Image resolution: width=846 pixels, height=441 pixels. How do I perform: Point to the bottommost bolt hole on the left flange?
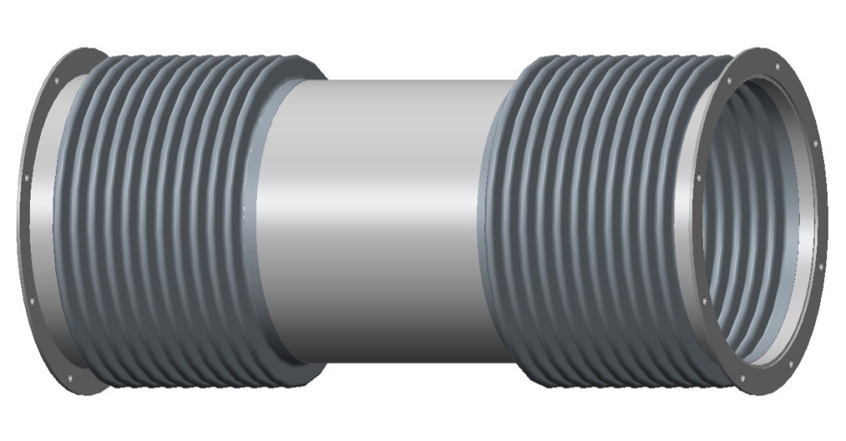tap(70, 380)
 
